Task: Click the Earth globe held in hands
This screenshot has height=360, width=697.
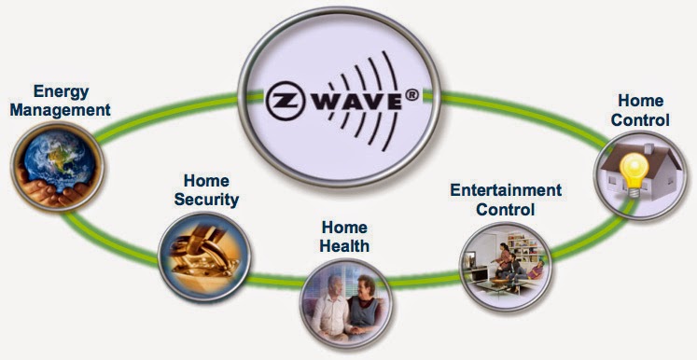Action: pos(56,167)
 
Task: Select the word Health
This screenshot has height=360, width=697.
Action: pos(345,246)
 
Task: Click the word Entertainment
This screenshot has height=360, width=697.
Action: pos(506,190)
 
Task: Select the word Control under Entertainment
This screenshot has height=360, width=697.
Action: pos(506,209)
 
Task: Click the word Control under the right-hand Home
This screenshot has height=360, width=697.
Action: pos(643,119)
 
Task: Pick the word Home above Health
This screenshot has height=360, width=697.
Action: pos(344,228)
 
